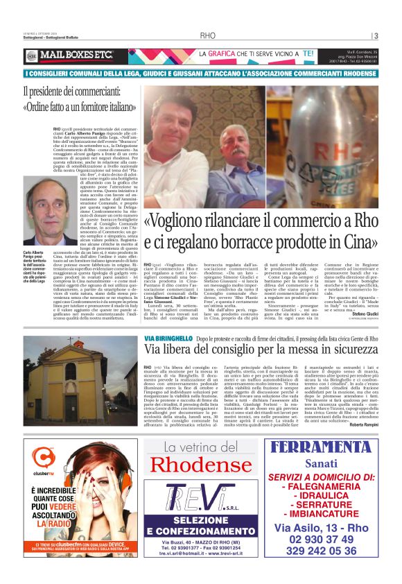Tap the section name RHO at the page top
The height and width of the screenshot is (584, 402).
(x=207, y=35)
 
